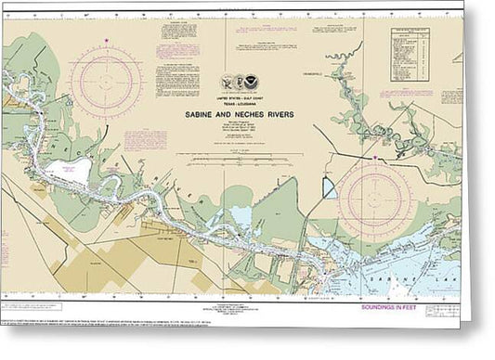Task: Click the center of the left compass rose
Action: coord(106,83)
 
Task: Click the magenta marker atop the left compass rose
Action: coord(106,41)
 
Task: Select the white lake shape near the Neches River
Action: coord(69,171)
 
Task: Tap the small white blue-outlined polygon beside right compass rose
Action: coord(329,187)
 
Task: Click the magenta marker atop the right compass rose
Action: coord(373,159)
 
